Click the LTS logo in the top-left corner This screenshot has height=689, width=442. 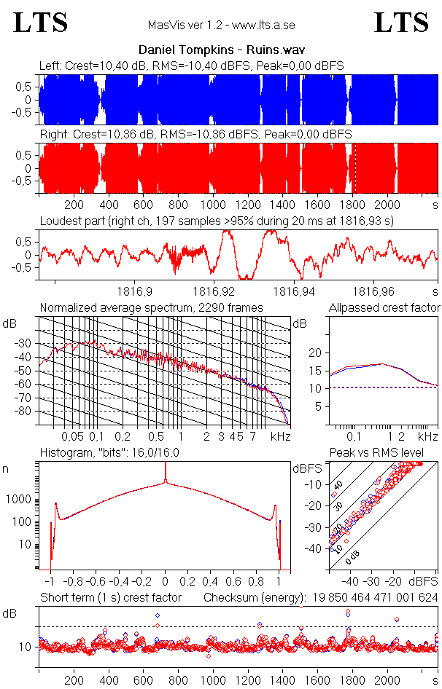[x=41, y=23]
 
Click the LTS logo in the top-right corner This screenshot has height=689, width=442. [x=401, y=23]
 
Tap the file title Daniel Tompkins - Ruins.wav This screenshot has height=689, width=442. [x=221, y=50]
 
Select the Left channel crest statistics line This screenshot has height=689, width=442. [x=191, y=66]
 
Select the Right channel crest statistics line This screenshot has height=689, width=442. [x=195, y=135]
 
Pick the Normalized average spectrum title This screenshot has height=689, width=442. [x=151, y=308]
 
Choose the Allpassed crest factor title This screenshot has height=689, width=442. [x=384, y=308]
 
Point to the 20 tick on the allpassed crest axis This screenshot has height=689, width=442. [x=315, y=353]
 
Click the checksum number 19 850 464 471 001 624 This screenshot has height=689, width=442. [x=373, y=598]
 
